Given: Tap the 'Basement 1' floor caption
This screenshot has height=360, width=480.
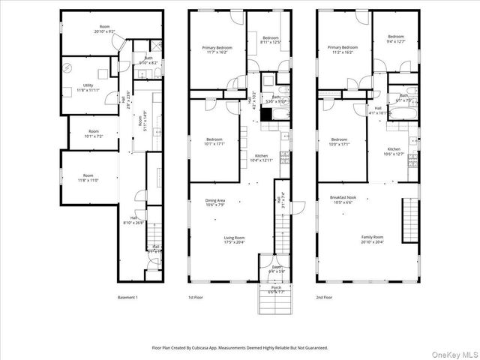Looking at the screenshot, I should [x=127, y=298].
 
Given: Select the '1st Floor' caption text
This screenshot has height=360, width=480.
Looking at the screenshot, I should [x=196, y=298].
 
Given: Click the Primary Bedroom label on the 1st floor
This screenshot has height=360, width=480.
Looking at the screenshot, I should [x=217, y=50].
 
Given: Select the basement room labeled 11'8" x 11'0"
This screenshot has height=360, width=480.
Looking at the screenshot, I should [x=88, y=177].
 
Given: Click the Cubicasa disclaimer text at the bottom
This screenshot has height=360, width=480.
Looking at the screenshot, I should [x=240, y=348].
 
